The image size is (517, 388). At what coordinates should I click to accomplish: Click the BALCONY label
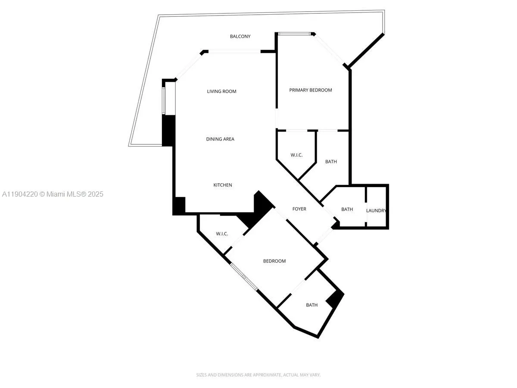(x=240, y=37)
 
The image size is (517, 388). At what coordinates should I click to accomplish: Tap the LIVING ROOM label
(x=221, y=91)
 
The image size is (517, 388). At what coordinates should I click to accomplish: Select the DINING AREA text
(x=220, y=139)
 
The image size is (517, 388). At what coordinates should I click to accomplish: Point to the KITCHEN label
(x=223, y=185)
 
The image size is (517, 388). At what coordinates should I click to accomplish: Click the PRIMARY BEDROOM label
(x=310, y=90)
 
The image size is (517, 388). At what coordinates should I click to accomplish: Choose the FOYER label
(x=299, y=209)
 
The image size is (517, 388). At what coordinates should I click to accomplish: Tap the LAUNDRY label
(x=376, y=210)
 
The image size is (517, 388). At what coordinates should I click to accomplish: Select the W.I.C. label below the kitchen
(x=222, y=234)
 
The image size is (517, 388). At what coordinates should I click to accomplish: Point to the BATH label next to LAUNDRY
(x=347, y=210)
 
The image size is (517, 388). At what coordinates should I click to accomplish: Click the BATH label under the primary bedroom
(x=331, y=162)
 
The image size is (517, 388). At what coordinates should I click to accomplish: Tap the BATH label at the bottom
(x=311, y=305)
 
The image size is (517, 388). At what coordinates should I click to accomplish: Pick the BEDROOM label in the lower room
(x=274, y=261)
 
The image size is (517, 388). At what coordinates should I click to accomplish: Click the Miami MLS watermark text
(x=52, y=194)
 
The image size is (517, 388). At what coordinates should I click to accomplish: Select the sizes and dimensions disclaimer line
(x=258, y=375)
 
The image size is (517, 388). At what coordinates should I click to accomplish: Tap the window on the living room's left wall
(x=163, y=100)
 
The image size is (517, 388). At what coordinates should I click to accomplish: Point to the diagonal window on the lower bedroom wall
(x=243, y=276)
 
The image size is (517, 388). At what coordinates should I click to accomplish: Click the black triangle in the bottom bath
(x=336, y=298)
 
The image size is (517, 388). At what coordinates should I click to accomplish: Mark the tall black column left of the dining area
(x=168, y=130)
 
